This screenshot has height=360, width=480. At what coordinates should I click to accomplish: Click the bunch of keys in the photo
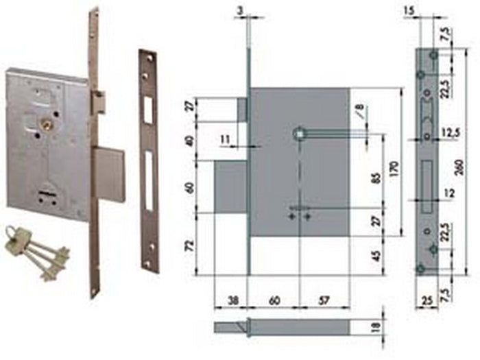pos(38,252)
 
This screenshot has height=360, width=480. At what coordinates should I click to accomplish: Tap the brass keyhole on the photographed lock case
pos(47,125)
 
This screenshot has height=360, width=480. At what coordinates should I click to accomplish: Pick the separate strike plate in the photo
pos(148,160)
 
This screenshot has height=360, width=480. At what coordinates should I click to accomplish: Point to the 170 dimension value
pos(393,165)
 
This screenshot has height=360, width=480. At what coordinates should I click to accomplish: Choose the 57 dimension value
pos(324,299)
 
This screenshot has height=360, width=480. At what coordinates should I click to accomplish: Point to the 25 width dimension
pos(427,300)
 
